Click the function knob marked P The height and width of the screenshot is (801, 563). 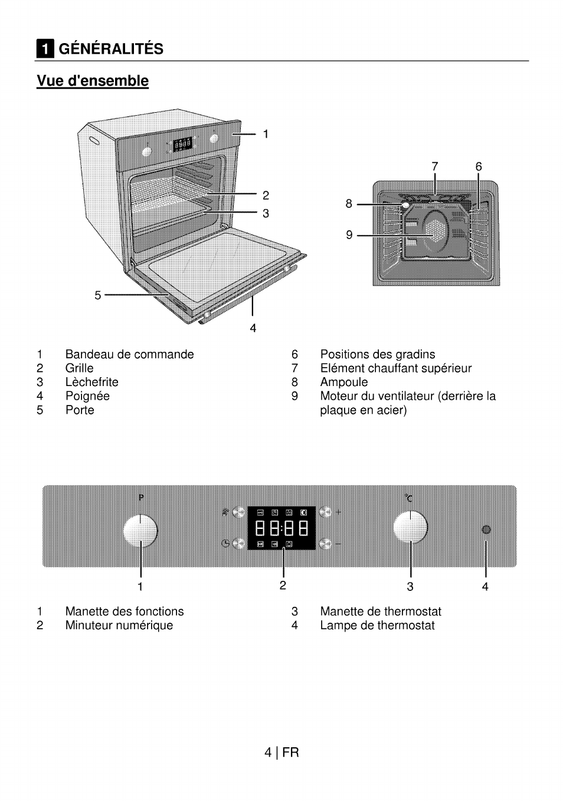[x=140, y=529]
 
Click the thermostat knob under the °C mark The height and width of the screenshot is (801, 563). [x=410, y=527]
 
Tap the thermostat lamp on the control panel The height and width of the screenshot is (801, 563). [x=486, y=529]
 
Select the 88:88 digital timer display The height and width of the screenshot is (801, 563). [x=281, y=527]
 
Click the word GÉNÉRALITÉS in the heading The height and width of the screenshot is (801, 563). [x=111, y=48]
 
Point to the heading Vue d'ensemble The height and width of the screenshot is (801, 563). [x=93, y=81]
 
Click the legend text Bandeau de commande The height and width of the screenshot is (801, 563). [x=129, y=354]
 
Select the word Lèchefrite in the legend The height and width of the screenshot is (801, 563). [x=91, y=382]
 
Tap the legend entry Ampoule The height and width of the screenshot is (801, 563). [x=343, y=382]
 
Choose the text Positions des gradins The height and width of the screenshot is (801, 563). [x=377, y=354]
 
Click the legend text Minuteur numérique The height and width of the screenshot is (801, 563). [x=119, y=625]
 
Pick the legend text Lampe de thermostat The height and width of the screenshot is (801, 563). [x=377, y=625]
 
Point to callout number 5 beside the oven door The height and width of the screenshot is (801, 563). [x=98, y=295]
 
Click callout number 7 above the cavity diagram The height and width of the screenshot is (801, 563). [x=435, y=166]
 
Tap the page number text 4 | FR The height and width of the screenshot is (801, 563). [x=281, y=752]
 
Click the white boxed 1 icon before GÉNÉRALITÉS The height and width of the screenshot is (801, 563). [x=45, y=49]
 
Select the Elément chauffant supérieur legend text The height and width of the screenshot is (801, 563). [x=395, y=368]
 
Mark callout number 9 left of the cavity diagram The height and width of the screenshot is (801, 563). [x=349, y=235]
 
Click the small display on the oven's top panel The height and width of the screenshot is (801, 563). [x=182, y=143]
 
